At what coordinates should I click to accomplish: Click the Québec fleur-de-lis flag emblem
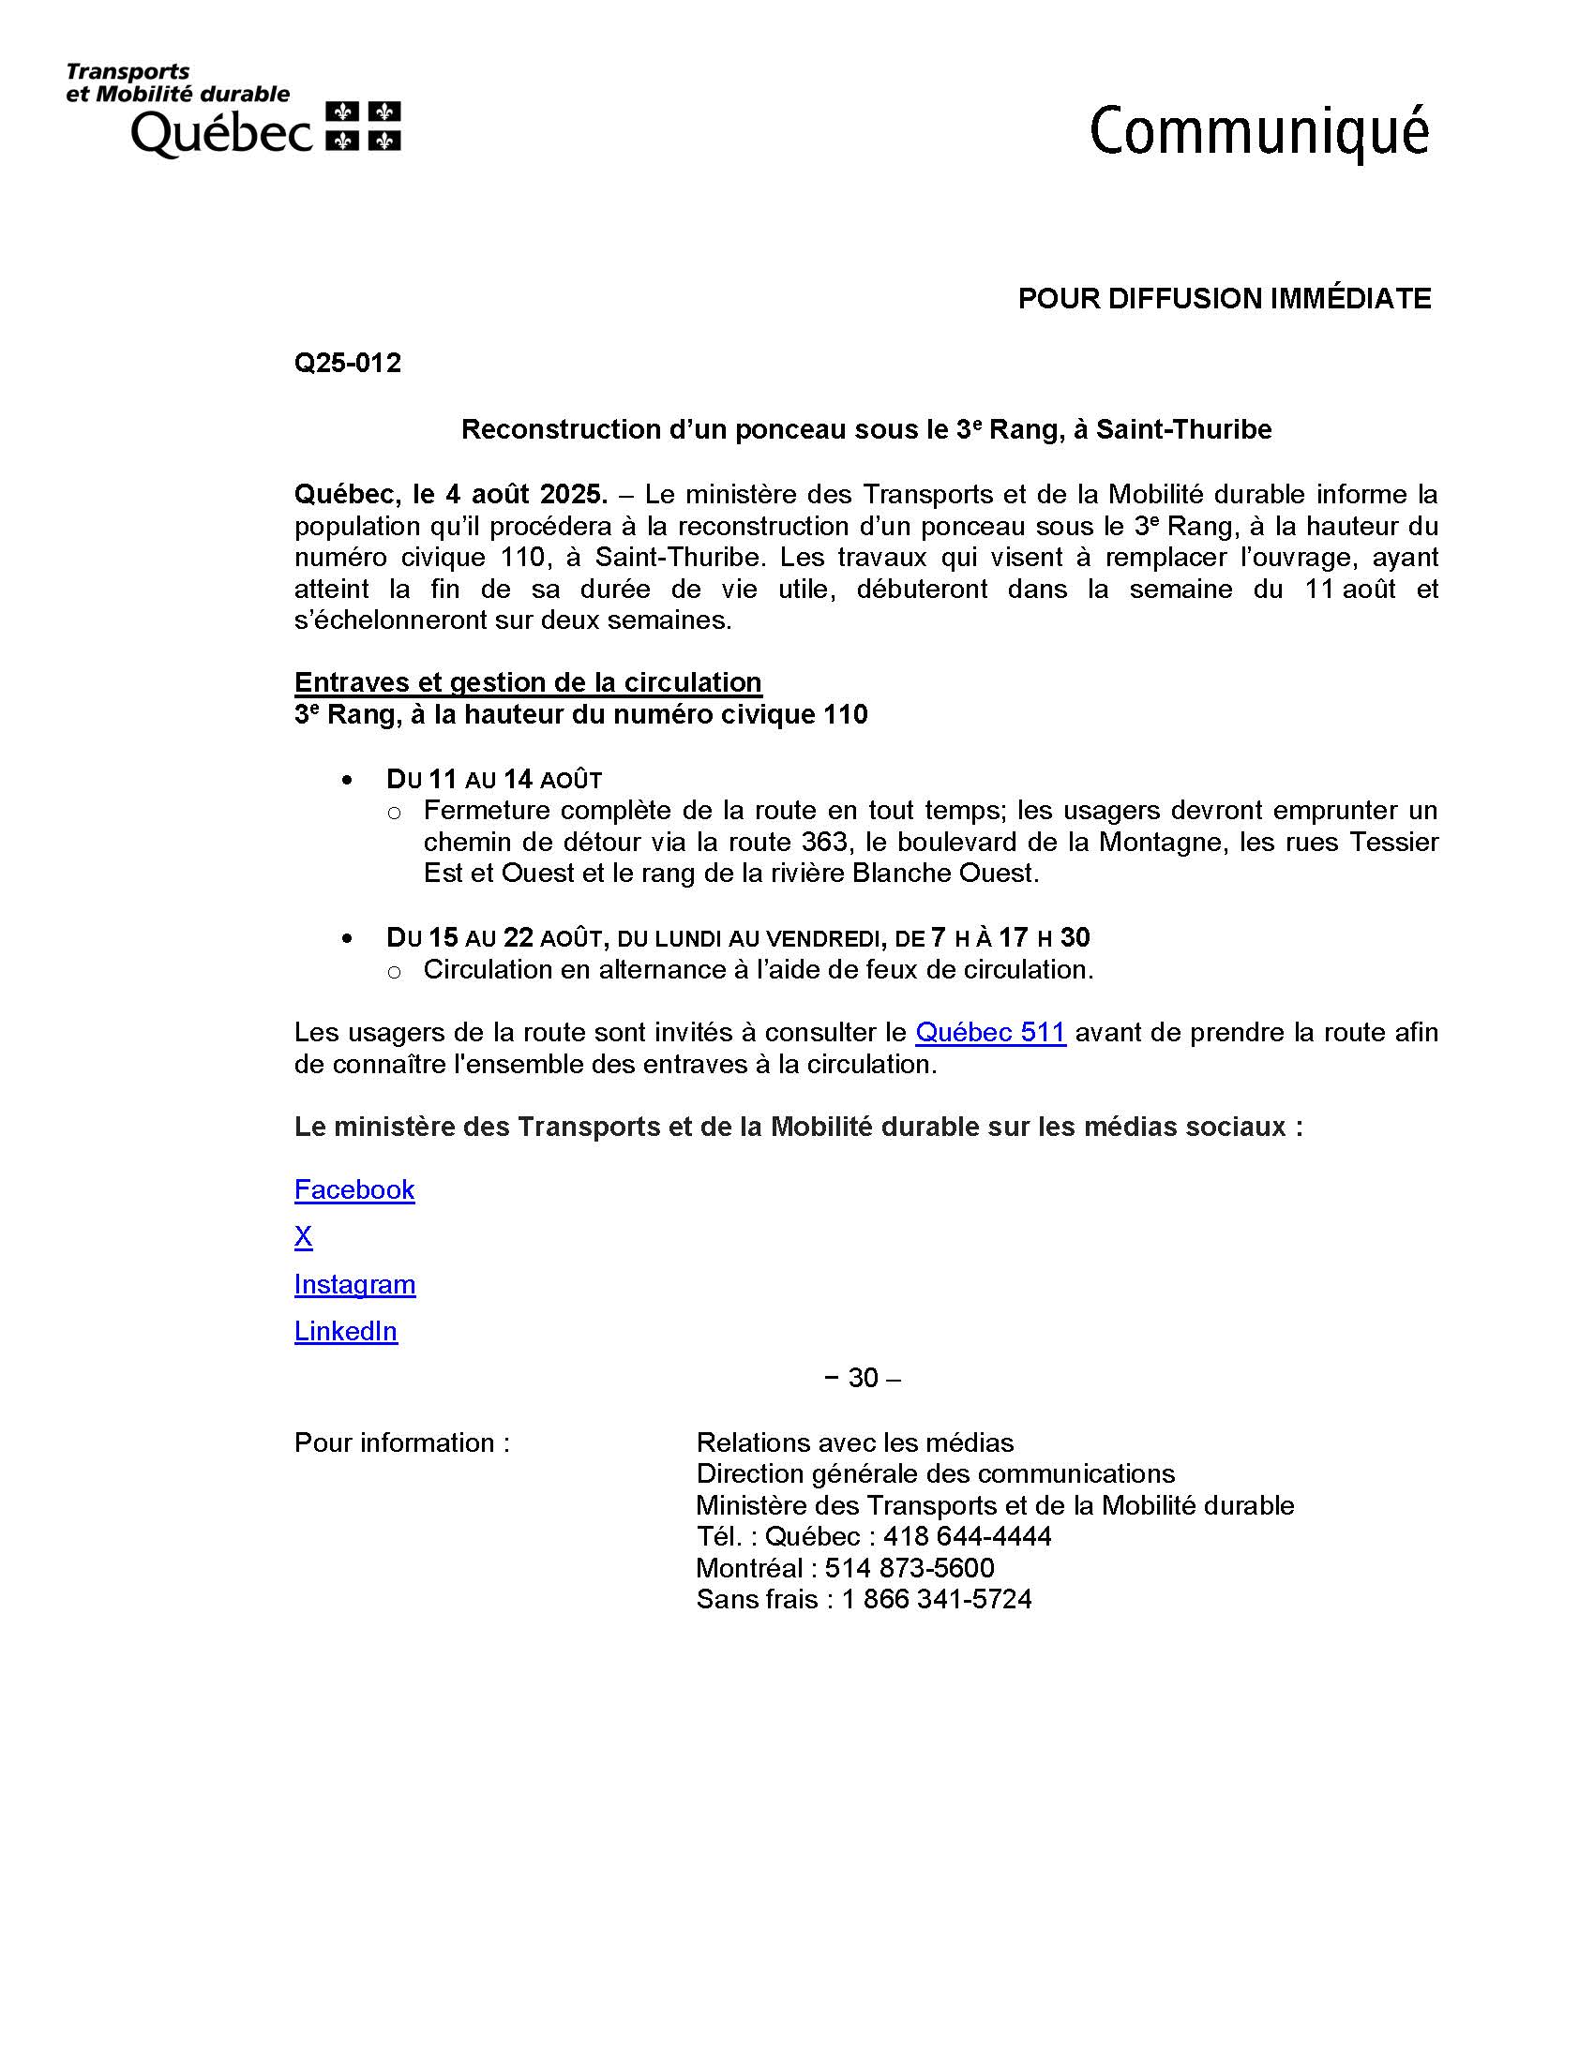pyautogui.click(x=364, y=126)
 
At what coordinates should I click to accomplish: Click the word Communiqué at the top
pyautogui.click(x=1258, y=132)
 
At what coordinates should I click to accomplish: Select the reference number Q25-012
pyautogui.click(x=348, y=363)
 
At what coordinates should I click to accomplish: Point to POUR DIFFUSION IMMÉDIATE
pyautogui.click(x=1224, y=299)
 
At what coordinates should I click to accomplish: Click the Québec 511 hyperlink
pyautogui.click(x=990, y=1032)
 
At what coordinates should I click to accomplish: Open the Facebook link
pyautogui.click(x=354, y=1189)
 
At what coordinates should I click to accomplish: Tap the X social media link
pyautogui.click(x=303, y=1237)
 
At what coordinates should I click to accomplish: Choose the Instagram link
pyautogui.click(x=355, y=1284)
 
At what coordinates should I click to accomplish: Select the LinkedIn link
pyautogui.click(x=346, y=1331)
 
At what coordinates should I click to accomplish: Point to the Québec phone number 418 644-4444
pyautogui.click(x=967, y=1536)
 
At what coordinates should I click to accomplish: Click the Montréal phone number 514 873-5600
pyautogui.click(x=910, y=1568)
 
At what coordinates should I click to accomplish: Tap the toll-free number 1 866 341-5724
pyautogui.click(x=937, y=1599)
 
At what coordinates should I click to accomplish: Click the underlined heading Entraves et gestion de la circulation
pyautogui.click(x=528, y=682)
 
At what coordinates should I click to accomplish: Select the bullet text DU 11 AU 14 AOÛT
pyautogui.click(x=494, y=779)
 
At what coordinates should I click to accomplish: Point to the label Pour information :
pyautogui.click(x=401, y=1442)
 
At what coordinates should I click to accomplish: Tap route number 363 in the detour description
pyautogui.click(x=822, y=842)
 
